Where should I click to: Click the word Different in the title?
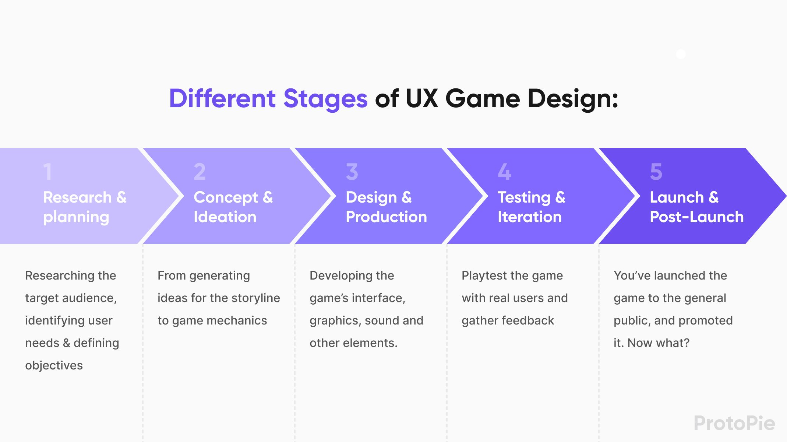click(x=222, y=99)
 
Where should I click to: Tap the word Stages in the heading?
click(x=325, y=99)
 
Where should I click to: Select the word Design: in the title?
click(x=573, y=99)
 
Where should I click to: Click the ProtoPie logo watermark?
click(x=734, y=423)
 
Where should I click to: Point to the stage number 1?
click(x=47, y=172)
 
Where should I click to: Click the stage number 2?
click(x=200, y=172)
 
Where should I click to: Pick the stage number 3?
click(x=352, y=172)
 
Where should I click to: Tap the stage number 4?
click(x=504, y=172)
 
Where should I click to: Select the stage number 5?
click(x=656, y=172)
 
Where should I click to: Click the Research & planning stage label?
click(x=85, y=207)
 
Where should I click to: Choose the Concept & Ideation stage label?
click(x=233, y=207)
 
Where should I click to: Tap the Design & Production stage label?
click(x=386, y=207)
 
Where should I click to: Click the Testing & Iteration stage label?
click(x=531, y=207)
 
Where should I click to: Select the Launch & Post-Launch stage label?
click(x=696, y=207)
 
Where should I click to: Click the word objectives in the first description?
click(x=54, y=365)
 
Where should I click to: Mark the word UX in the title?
click(x=422, y=99)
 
